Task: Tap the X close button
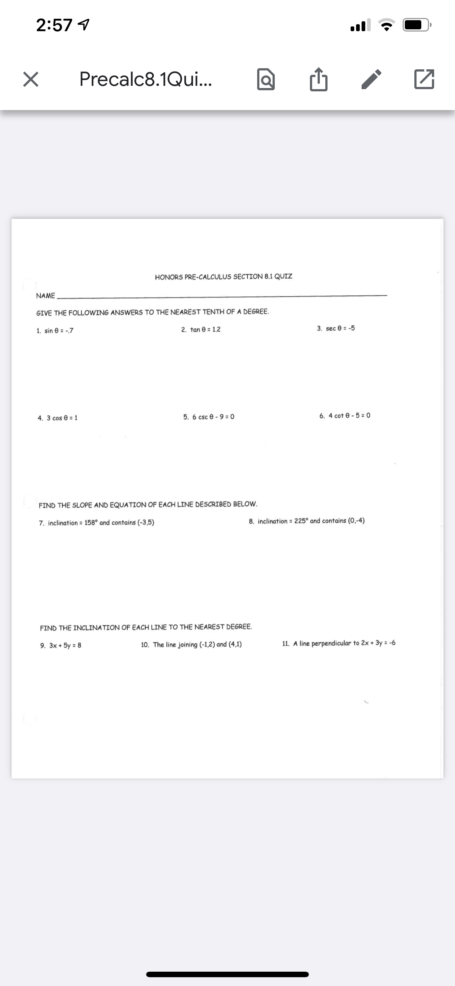pyautogui.click(x=30, y=79)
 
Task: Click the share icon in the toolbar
pyautogui.click(x=318, y=79)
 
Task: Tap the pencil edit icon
pyautogui.click(x=371, y=79)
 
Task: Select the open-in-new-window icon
pyautogui.click(x=424, y=79)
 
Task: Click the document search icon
pyautogui.click(x=266, y=79)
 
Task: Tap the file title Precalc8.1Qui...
pyautogui.click(x=146, y=79)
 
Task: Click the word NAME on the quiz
pyautogui.click(x=45, y=296)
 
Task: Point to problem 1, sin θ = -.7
pyautogui.click(x=55, y=331)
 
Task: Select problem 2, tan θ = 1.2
pyautogui.click(x=201, y=329)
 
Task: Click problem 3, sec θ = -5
pyautogui.click(x=336, y=328)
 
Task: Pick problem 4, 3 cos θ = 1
pyautogui.click(x=58, y=418)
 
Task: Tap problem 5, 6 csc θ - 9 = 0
pyautogui.click(x=209, y=417)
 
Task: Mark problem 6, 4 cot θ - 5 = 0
pyautogui.click(x=345, y=416)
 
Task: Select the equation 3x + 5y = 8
pyautogui.click(x=65, y=645)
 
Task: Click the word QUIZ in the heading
pyautogui.click(x=283, y=276)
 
